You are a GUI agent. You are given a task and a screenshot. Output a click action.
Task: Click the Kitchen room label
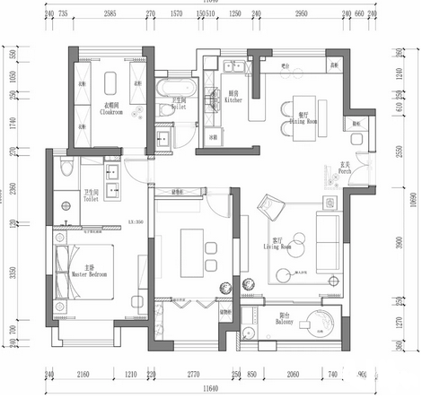pos(234,98)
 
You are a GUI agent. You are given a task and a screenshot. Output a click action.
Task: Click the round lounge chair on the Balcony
pos(317,323)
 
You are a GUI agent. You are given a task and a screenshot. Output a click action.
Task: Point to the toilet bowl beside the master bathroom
pos(63,170)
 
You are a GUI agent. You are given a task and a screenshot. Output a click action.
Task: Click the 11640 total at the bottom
pos(210,388)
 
